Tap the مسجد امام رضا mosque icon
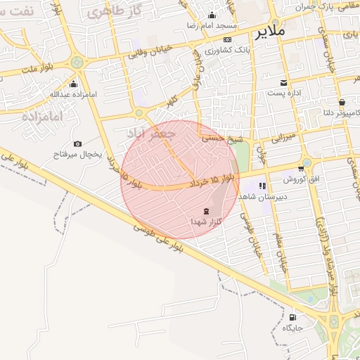pyautogui.click(x=212, y=15)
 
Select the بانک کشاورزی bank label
pyautogui.click(x=225, y=51)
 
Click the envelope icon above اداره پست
pyautogui.click(x=284, y=82)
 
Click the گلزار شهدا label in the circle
pyautogui.click(x=205, y=221)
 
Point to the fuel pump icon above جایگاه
pyautogui.click(x=292, y=317)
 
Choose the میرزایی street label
pyautogui.click(x=287, y=135)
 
